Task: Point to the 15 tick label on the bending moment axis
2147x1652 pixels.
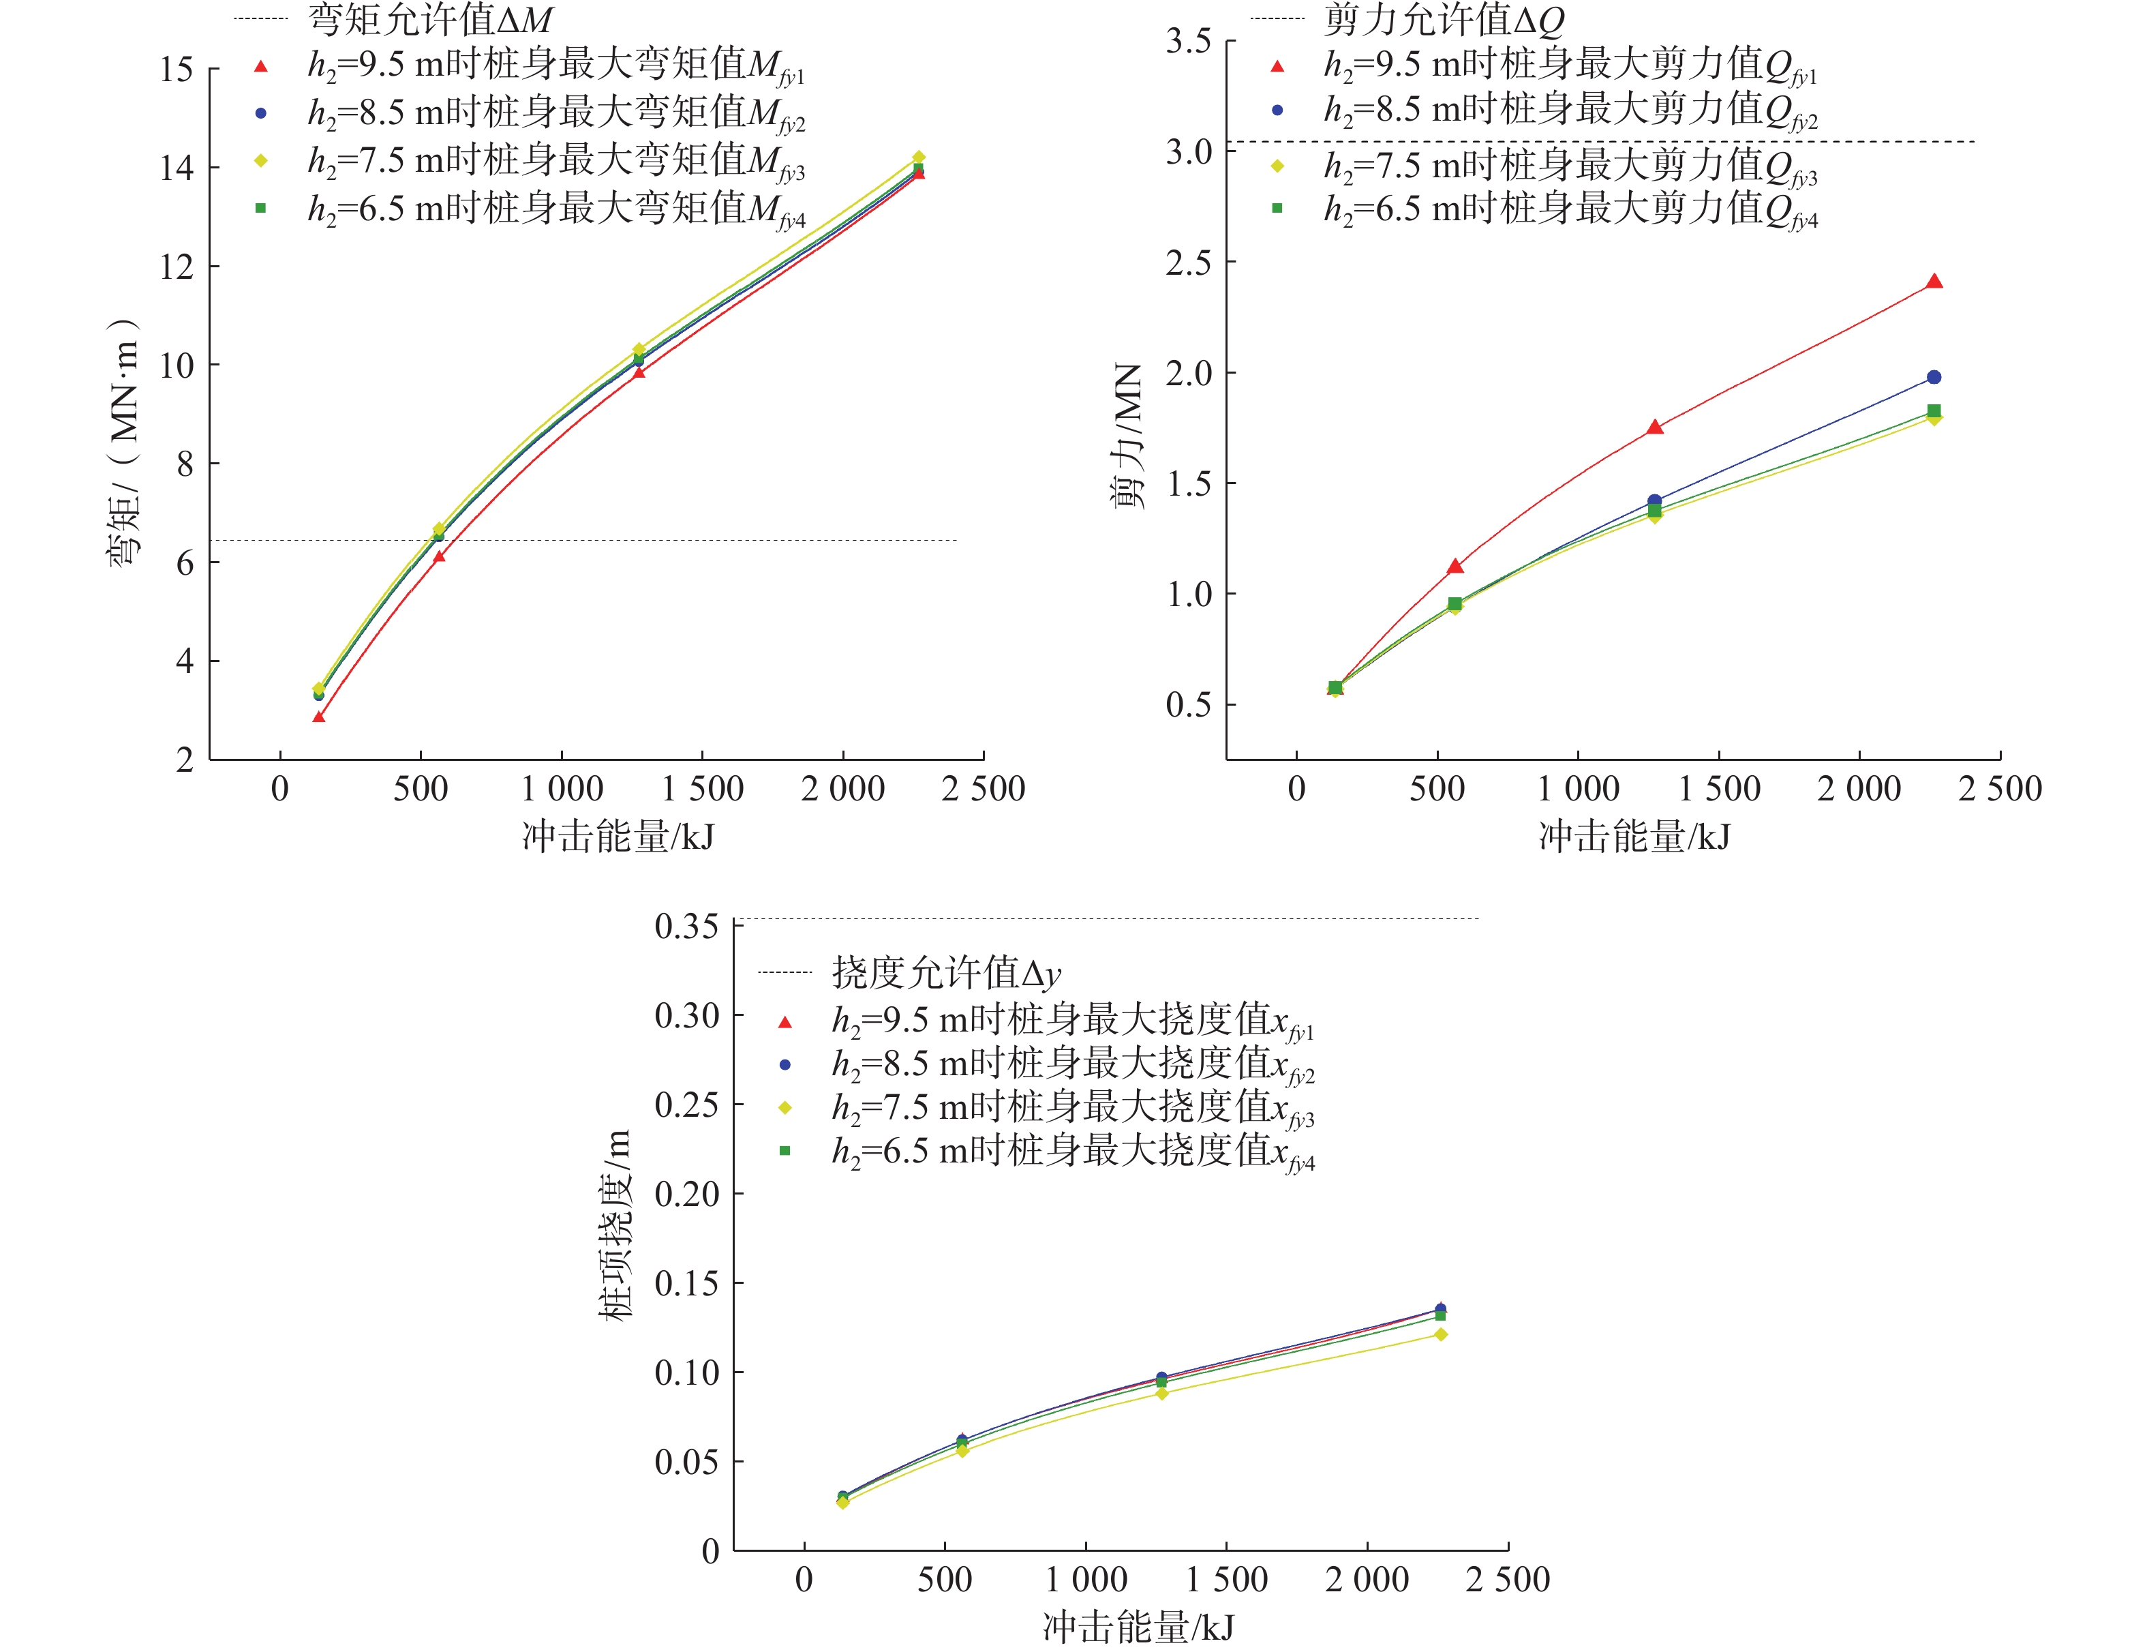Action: click(177, 70)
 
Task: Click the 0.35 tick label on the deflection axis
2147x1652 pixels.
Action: click(686, 927)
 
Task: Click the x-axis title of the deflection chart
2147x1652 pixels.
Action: click(1138, 1627)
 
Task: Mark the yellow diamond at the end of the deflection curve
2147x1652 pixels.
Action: click(1440, 1334)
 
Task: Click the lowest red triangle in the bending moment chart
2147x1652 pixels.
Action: click(318, 717)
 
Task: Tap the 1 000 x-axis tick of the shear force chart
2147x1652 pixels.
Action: click(1578, 789)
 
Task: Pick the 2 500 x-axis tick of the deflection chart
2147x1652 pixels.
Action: click(1507, 1580)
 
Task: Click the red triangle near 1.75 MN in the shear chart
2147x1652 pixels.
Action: click(1654, 427)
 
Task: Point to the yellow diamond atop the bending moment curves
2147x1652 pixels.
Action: click(918, 157)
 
